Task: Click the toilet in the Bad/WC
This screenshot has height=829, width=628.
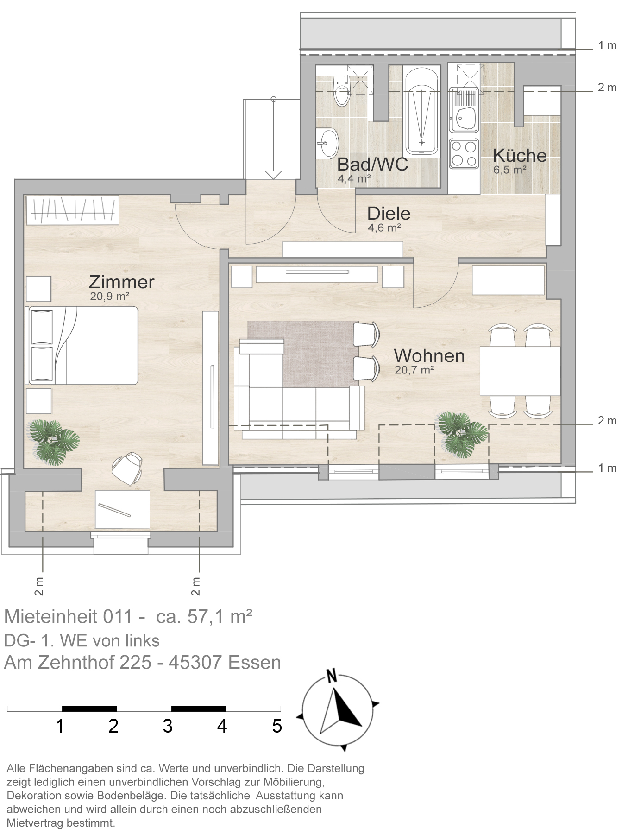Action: (x=342, y=90)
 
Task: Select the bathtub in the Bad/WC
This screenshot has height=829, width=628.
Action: (x=421, y=110)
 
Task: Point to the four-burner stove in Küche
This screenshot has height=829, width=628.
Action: (x=464, y=154)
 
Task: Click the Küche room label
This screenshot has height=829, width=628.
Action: (x=520, y=155)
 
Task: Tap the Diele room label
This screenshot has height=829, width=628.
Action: (x=389, y=214)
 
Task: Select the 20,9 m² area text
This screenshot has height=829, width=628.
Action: (x=109, y=297)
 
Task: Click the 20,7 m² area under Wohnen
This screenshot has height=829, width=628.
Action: (x=414, y=370)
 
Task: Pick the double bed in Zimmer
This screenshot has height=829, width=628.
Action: (x=83, y=345)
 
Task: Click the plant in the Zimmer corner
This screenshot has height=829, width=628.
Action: (x=54, y=442)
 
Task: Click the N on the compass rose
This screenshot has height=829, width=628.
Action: (x=331, y=677)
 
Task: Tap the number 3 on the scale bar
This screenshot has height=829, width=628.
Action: (x=168, y=726)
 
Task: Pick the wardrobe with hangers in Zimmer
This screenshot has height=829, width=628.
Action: (x=72, y=210)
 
